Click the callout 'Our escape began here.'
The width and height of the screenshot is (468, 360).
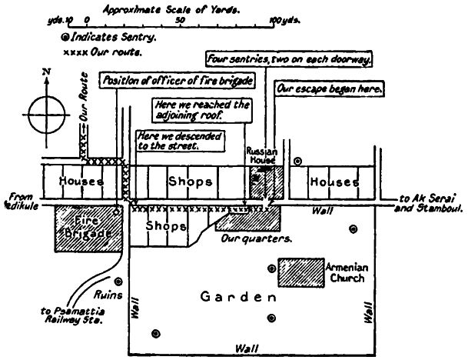tap(331, 89)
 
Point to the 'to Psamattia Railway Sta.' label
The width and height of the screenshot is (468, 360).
tap(72, 316)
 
